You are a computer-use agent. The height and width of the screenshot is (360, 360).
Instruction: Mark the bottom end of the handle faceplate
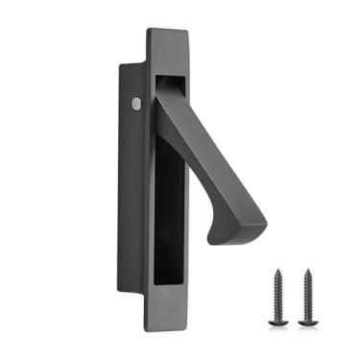(x=168, y=315)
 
